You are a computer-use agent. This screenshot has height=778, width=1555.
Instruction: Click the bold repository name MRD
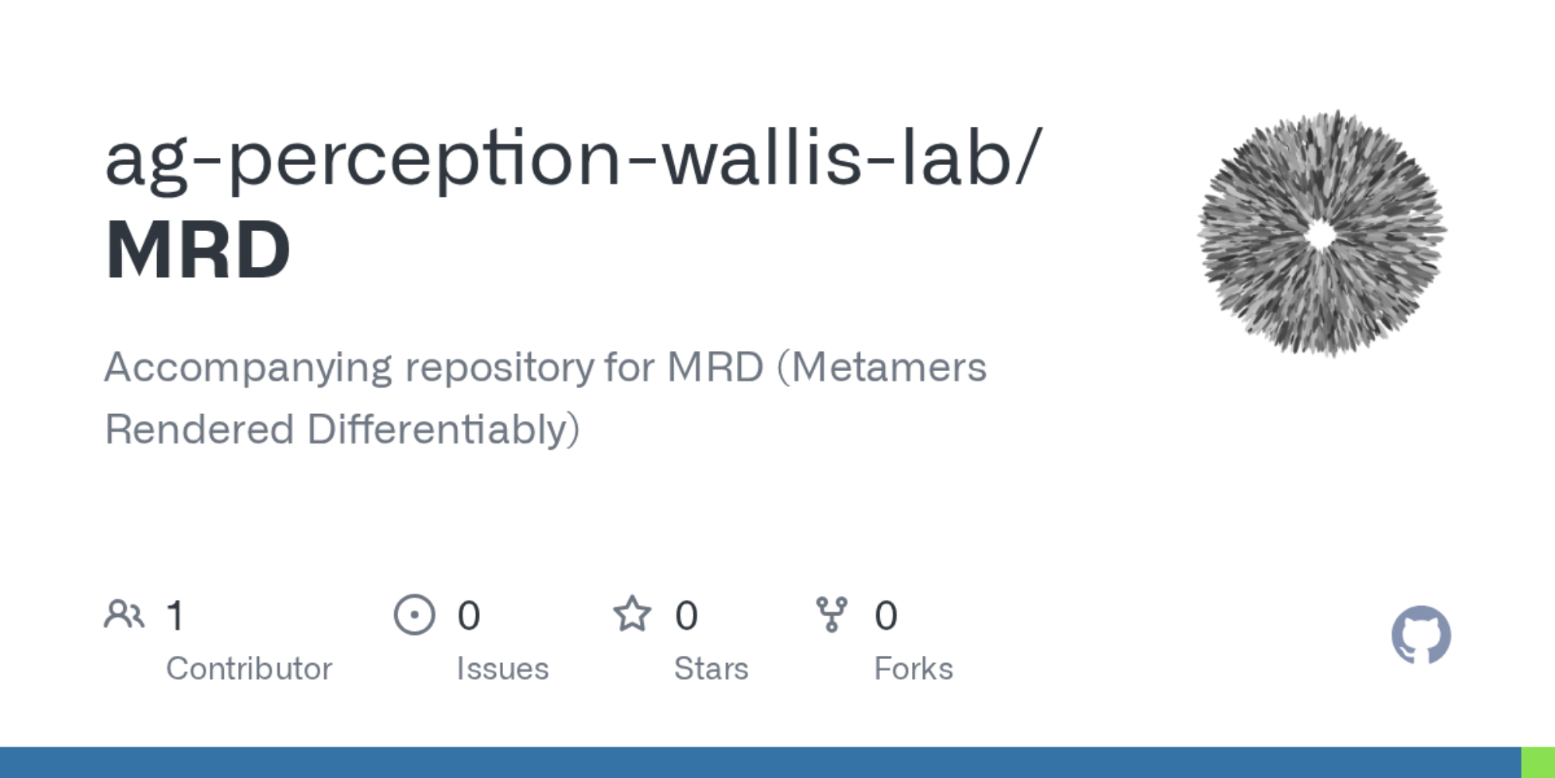point(198,250)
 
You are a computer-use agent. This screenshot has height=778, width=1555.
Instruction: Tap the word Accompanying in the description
point(248,369)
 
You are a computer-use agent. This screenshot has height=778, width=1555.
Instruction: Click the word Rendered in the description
point(199,429)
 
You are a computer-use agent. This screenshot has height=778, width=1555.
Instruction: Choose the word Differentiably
point(443,430)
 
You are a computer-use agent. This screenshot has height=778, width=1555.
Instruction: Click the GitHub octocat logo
point(1420,635)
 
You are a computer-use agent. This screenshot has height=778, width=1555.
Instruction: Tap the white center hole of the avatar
point(1319,234)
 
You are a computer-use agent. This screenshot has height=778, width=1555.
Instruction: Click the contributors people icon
point(124,615)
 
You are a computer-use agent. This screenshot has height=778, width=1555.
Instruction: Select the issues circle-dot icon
point(414,615)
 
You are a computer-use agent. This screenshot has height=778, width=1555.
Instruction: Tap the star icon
point(632,614)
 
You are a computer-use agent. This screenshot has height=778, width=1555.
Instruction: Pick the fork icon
point(832,615)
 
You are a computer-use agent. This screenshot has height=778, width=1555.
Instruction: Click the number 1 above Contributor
point(176,616)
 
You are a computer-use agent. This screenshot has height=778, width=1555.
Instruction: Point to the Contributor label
point(249,669)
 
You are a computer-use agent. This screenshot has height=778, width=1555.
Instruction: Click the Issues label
point(502,669)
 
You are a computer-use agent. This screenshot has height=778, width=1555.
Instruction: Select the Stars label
point(711,669)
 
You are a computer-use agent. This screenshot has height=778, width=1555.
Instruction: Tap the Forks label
point(914,669)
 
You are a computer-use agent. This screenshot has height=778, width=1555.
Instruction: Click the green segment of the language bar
point(1538,762)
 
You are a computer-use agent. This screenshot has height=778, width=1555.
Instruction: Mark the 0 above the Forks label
point(886,616)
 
